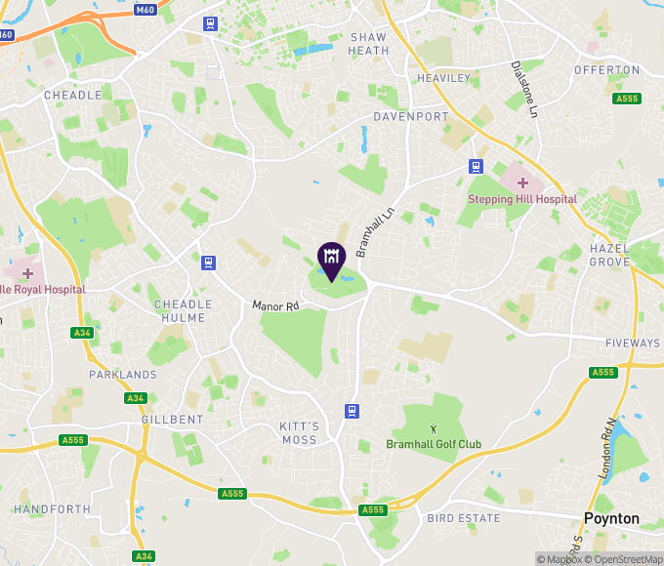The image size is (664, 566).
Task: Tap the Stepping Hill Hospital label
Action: tap(522, 199)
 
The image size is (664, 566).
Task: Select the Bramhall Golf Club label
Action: tap(434, 445)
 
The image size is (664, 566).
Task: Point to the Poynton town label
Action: tap(611, 519)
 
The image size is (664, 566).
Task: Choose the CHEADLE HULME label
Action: tap(183, 310)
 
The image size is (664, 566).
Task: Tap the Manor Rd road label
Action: tap(274, 305)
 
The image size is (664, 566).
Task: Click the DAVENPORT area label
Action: tap(411, 116)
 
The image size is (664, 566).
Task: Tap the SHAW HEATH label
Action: tap(368, 44)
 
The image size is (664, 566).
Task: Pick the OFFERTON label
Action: tap(606, 70)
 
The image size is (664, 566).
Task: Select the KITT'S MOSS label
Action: tap(299, 433)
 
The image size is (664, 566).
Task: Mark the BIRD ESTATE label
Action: tap(464, 518)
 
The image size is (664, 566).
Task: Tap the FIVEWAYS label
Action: tap(632, 344)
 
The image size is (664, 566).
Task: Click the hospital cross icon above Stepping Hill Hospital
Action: tap(522, 182)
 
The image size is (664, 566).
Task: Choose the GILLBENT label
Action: tap(172, 420)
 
